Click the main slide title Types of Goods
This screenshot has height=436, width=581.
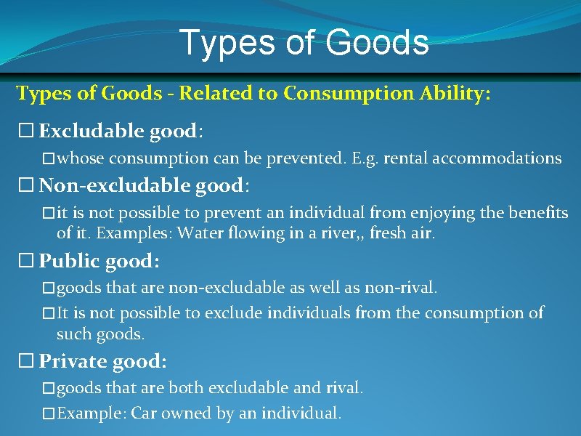(x=304, y=42)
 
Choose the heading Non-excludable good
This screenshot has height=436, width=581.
(x=143, y=186)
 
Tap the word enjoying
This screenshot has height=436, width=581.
(x=406, y=213)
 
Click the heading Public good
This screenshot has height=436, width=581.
(x=99, y=261)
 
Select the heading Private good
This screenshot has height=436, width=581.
(x=102, y=361)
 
